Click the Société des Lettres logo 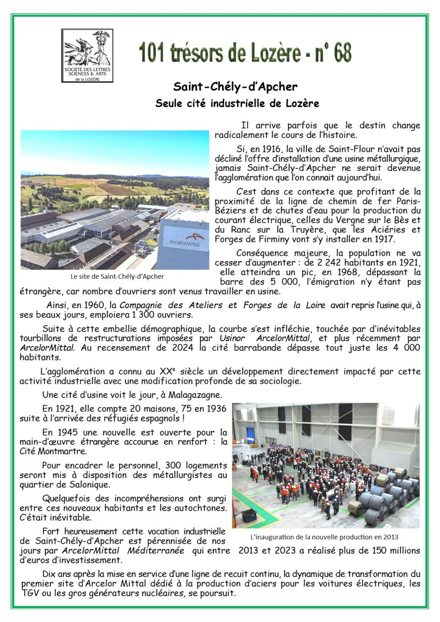click(x=87, y=55)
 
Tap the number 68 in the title click(x=342, y=53)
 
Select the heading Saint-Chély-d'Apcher click(x=235, y=87)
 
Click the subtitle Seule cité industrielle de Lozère click(x=237, y=103)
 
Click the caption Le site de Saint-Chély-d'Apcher click(x=117, y=276)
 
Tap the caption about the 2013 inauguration click(x=324, y=537)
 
